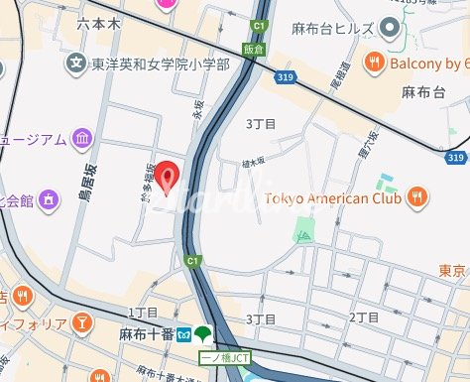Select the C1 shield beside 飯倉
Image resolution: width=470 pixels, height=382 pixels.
[259, 27]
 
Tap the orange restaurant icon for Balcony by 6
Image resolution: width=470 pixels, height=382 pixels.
[375, 63]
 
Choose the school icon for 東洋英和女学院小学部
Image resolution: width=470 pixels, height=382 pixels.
[75, 64]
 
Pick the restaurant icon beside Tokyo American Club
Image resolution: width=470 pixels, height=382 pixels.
[418, 195]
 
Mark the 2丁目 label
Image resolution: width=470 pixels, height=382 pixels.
[364, 318]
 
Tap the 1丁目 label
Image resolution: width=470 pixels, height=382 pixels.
[144, 313]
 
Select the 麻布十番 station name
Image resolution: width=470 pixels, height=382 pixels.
[147, 334]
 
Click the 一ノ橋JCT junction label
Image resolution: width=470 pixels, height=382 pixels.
[223, 355]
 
